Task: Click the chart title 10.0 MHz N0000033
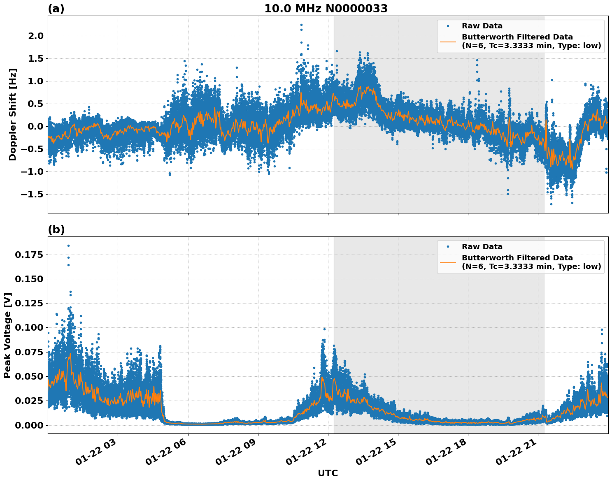326,9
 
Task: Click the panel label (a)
56,9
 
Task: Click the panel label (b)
56,229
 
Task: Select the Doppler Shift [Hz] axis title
13,114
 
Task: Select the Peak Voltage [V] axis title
7,335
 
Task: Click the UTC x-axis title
328,473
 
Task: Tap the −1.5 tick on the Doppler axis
32,194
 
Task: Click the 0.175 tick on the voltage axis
29,255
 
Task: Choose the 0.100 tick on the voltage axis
29,328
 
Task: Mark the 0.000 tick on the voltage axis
29,425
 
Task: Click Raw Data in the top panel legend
482,26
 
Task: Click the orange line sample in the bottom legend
448,262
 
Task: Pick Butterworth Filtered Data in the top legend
517,37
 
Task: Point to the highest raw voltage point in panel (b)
68,246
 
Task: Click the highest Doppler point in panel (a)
301,25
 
